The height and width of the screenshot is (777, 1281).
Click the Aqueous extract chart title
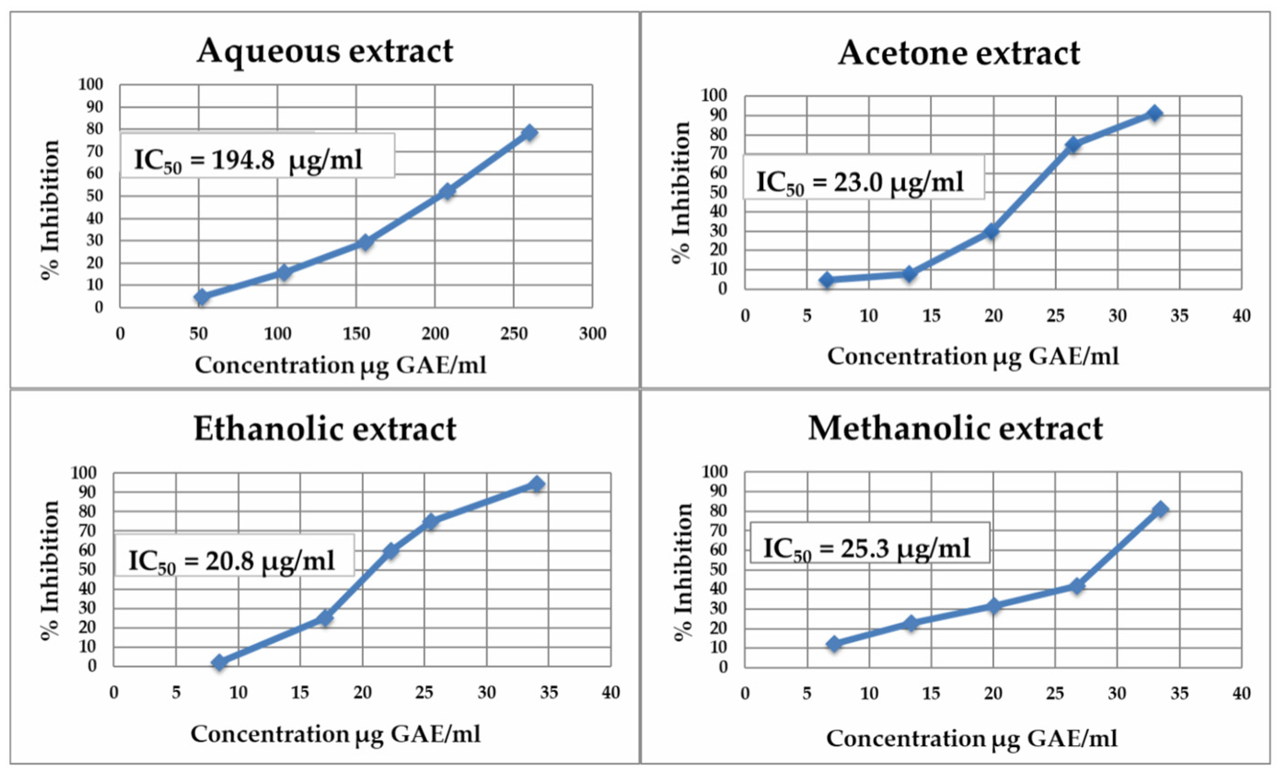pos(325,51)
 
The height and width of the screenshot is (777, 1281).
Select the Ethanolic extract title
pos(325,429)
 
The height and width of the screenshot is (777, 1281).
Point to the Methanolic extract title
pos(955,429)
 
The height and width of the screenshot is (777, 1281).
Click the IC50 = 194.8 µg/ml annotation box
pos(257,156)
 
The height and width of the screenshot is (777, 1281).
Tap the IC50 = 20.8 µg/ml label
pos(234,556)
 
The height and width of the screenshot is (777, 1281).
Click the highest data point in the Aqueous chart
pos(529,133)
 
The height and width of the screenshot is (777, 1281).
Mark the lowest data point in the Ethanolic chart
pos(219,662)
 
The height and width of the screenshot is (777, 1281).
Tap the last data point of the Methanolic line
pos(1160,509)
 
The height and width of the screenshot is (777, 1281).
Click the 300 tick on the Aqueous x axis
pos(592,334)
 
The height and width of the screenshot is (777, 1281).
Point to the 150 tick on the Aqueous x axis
pos(356,334)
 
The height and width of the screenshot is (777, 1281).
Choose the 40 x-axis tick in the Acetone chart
pos(1241,316)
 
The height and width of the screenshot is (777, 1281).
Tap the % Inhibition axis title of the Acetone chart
pos(681,192)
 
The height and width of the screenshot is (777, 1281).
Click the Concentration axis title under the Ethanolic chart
pos(335,734)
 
